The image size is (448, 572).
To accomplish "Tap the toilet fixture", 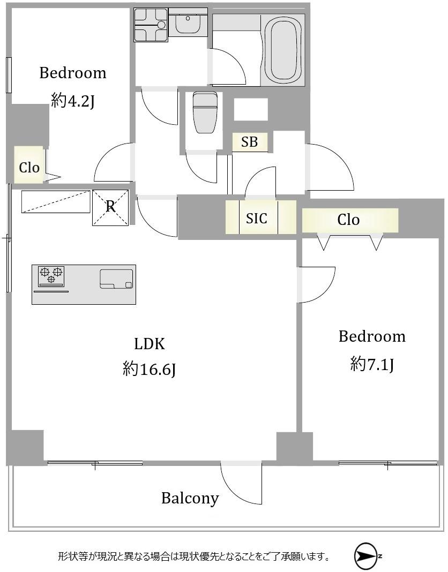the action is coord(206,112).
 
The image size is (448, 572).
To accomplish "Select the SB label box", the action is coord(250,142).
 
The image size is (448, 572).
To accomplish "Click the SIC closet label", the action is coord(257,218).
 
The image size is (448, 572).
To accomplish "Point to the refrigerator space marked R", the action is coord(110,207).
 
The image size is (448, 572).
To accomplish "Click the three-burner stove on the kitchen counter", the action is coord(51,276).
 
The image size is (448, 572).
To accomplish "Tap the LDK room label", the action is coord(150,344).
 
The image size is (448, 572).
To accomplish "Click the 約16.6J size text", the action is coord(150,369).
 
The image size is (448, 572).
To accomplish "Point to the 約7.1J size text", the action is coord(372,364).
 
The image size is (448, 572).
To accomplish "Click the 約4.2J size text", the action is coord(73,101).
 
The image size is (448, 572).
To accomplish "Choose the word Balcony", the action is coord(190,498).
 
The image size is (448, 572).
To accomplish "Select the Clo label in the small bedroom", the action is coord(29,168).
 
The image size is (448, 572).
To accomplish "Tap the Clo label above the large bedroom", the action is coord(348,220).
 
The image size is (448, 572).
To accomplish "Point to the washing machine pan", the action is coord(151,25).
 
